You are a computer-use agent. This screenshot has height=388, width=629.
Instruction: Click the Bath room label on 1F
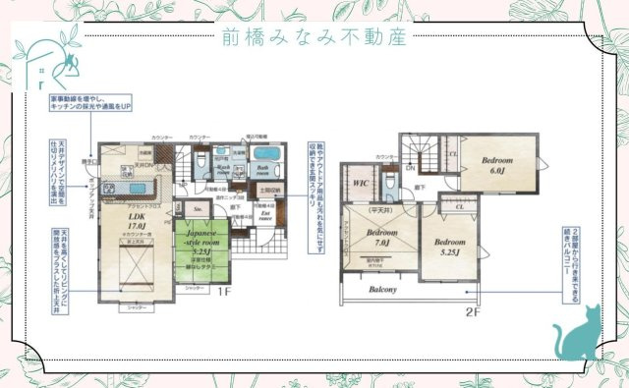click(x=265, y=169)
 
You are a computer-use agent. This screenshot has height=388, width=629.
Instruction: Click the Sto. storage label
click(x=197, y=208)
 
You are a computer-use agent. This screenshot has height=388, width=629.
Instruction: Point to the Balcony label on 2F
click(x=383, y=291)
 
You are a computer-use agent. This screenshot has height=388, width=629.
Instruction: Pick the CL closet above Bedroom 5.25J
click(x=459, y=207)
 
